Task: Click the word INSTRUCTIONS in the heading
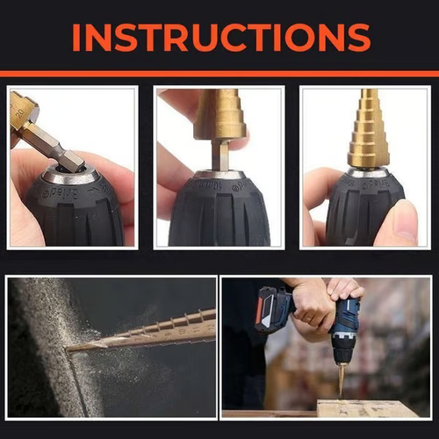[x=219, y=37]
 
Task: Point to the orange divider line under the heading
[x=219, y=74]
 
